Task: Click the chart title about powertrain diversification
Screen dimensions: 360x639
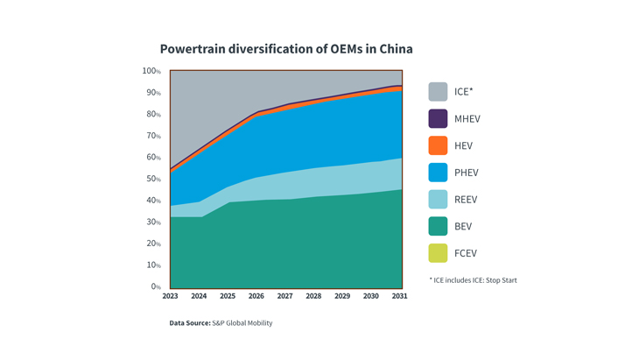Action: click(285, 49)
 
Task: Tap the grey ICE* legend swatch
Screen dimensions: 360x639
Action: click(438, 91)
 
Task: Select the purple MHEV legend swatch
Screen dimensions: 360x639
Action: click(438, 118)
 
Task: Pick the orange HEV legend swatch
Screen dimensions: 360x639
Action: click(438, 145)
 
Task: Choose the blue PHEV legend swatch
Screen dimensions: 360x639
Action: click(438, 173)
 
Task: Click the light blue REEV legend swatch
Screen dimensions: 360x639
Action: click(438, 200)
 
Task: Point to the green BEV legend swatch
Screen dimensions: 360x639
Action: click(438, 227)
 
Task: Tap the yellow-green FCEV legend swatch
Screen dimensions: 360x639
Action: click(438, 254)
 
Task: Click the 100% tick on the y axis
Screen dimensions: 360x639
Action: click(151, 71)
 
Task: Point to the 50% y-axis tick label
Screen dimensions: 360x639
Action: click(153, 179)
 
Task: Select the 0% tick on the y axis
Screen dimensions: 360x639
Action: click(156, 286)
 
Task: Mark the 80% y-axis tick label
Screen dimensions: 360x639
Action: click(153, 114)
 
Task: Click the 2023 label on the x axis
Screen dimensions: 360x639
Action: click(170, 296)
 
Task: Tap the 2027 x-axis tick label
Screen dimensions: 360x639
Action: click(285, 296)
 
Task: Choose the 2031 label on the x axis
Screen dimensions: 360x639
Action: click(399, 296)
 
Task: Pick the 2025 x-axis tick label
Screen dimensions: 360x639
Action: click(228, 296)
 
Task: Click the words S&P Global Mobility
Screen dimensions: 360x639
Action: click(242, 323)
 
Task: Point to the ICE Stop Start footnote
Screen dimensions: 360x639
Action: click(473, 280)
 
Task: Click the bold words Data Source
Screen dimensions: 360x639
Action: click(190, 323)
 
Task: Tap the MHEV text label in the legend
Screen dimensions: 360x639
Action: click(467, 119)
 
